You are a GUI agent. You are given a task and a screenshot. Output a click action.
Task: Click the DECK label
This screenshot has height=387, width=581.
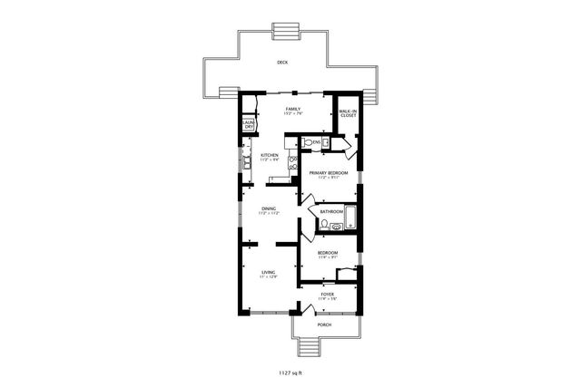[282, 63]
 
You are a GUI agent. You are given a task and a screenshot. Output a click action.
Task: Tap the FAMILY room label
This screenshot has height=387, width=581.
[293, 111]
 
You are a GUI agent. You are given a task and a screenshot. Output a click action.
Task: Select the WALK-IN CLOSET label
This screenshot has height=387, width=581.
[348, 114]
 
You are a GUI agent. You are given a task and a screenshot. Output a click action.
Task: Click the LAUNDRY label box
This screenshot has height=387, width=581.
[248, 125]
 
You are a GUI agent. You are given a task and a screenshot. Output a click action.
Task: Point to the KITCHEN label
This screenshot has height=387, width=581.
[270, 157]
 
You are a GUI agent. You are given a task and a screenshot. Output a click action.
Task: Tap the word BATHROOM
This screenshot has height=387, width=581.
[331, 211]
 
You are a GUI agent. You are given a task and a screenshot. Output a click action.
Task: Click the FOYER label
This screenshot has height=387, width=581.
[328, 295]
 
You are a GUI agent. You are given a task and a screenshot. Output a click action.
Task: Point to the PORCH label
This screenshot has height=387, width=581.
[324, 324]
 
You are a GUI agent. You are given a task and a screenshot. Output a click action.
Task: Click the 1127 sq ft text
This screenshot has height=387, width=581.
[290, 372]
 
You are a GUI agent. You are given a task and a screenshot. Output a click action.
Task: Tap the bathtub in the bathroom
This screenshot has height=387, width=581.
[351, 217]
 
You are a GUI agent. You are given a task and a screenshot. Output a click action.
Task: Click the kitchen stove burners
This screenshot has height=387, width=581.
[293, 163]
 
